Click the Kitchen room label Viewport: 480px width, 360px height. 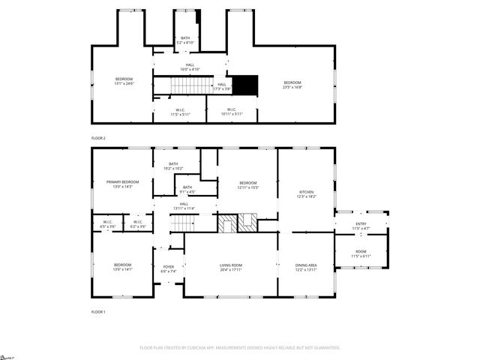click(306, 193)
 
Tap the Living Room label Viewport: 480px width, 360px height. click(231, 266)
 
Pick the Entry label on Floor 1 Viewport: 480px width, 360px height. click(361, 225)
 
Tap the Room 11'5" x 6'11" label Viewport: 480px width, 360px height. click(361, 253)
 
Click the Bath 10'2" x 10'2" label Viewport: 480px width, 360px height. click(173, 166)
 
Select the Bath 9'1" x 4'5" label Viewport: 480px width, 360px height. click(187, 189)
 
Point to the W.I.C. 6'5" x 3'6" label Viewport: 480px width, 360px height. click(108, 223)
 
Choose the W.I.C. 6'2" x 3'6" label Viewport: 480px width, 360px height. click(138, 223)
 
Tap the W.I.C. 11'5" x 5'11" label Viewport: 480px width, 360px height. click(180, 112)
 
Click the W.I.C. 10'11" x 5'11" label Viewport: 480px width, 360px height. click(232, 112)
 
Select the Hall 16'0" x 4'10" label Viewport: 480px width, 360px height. click(190, 67)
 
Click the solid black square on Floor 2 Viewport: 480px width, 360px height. click(244, 85)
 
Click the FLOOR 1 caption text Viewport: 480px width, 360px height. click(98, 311)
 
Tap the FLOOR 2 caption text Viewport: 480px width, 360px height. click(98, 139)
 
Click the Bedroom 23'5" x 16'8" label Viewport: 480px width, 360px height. click(292, 84)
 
